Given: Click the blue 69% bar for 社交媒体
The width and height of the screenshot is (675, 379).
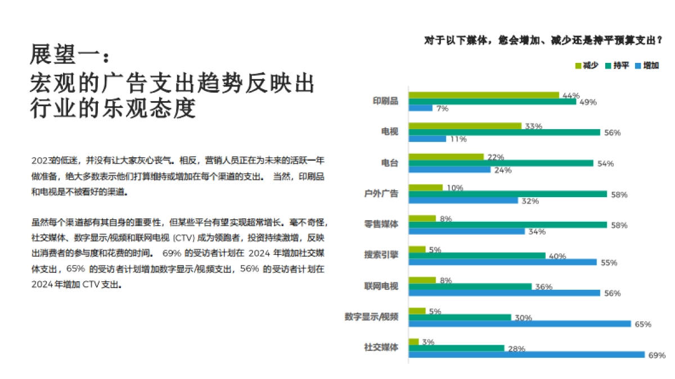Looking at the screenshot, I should pyautogui.click(x=526, y=354).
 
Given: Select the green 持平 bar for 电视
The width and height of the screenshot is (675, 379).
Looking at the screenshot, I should pyautogui.click(x=504, y=132).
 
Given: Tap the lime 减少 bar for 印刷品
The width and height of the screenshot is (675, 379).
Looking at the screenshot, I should pyautogui.click(x=484, y=95).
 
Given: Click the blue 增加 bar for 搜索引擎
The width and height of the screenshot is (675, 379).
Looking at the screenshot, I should pyautogui.click(x=502, y=262).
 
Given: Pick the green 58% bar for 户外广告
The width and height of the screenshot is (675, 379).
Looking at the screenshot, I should pyautogui.click(x=507, y=194).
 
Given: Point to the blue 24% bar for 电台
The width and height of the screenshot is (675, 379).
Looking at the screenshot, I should pyautogui.click(x=449, y=170).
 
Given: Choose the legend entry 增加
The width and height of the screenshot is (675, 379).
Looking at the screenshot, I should pyautogui.click(x=646, y=66).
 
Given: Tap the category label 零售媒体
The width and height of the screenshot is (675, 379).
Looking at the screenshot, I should pyautogui.click(x=381, y=224).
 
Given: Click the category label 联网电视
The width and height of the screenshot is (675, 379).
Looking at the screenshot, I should pyautogui.click(x=381, y=286).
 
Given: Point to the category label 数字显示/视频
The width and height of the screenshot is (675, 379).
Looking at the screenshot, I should pyautogui.click(x=372, y=317).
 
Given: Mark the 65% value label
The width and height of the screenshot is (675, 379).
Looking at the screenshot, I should pyautogui.click(x=642, y=324).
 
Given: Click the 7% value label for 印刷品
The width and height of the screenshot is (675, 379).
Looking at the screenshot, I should pyautogui.click(x=442, y=108).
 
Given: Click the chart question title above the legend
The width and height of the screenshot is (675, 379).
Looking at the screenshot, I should pyautogui.click(x=543, y=40).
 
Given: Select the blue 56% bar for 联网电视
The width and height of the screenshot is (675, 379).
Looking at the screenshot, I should pyautogui.click(x=504, y=293).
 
